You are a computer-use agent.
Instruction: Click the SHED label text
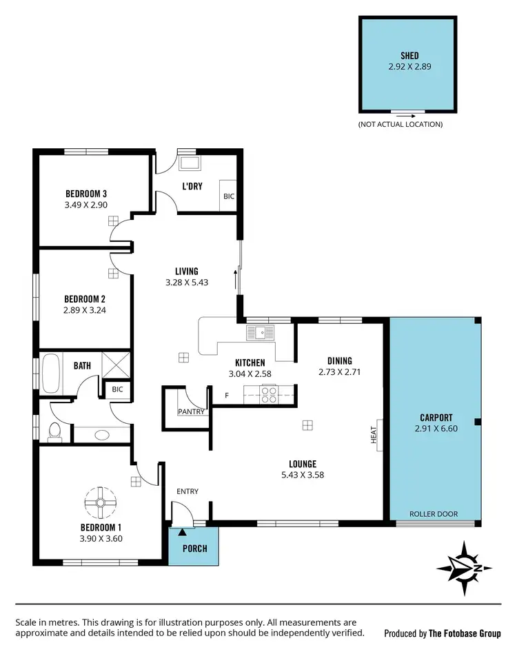[409, 56]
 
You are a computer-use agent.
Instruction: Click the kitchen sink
[263, 333]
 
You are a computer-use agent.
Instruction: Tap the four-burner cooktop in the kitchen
[268, 395]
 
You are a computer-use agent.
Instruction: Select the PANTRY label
[190, 411]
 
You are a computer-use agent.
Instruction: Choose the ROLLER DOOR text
[433, 513]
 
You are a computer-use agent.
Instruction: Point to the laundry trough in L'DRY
[189, 164]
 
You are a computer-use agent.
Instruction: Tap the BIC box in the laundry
[228, 196]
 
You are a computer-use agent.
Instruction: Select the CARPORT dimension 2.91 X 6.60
[436, 428]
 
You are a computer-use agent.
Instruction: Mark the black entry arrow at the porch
[182, 531]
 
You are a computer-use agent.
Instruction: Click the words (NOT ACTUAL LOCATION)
[400, 124]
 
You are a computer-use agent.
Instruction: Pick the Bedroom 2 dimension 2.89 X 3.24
[85, 309]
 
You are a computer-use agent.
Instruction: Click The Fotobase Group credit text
[441, 633]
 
